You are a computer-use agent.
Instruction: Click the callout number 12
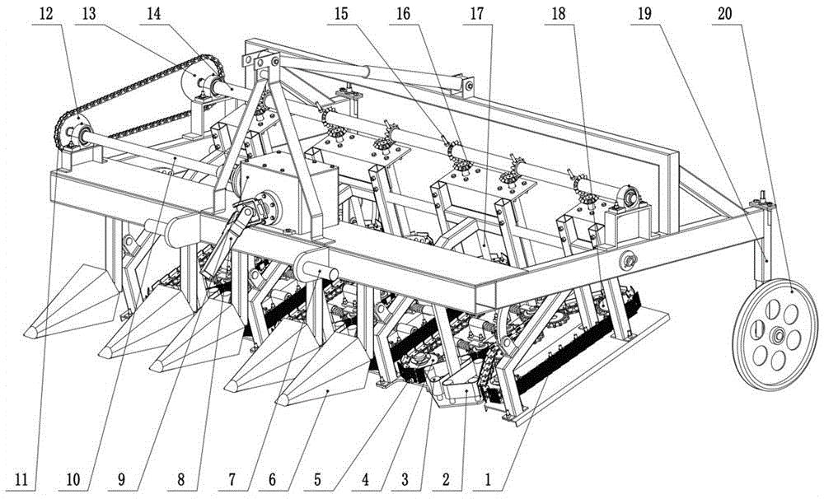pyautogui.click(x=46, y=14)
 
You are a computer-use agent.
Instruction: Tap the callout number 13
pyautogui.click(x=89, y=14)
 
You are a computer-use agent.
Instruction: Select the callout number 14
pyautogui.click(x=153, y=14)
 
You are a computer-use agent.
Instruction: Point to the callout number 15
pyautogui.click(x=341, y=14)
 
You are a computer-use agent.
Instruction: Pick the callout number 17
pyautogui.click(x=476, y=14)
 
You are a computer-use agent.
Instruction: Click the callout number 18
pyautogui.click(x=559, y=14)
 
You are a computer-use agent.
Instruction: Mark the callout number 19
pyautogui.click(x=644, y=14)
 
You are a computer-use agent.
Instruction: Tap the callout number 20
pyautogui.click(x=725, y=14)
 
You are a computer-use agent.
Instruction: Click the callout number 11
pyautogui.click(x=21, y=479)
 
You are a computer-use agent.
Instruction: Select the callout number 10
pyautogui.click(x=73, y=479)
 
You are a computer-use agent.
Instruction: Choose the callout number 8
pyautogui.click(x=180, y=479)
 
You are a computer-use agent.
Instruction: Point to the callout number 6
pyautogui.click(x=272, y=479)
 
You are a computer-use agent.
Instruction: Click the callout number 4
pyautogui.click(x=365, y=479)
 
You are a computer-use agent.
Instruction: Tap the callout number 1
pyautogui.click(x=488, y=479)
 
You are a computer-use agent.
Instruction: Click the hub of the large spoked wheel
pyautogui.click(x=777, y=334)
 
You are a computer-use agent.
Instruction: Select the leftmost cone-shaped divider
pyautogui.click(x=73, y=301)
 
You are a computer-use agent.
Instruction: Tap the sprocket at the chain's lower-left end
pyautogui.click(x=71, y=133)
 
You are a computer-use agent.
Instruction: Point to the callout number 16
pyautogui.click(x=403, y=14)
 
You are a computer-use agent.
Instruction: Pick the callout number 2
pyautogui.click(x=446, y=479)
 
